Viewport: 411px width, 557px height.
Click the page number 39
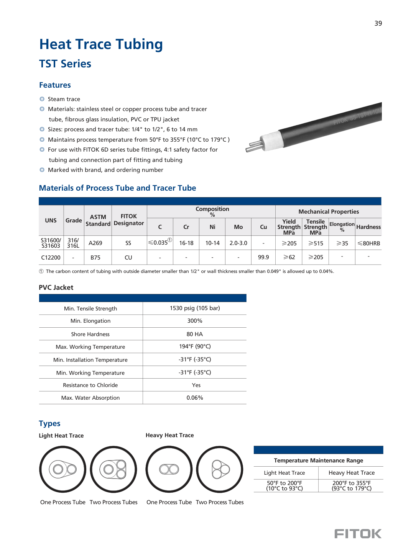coord(378,23)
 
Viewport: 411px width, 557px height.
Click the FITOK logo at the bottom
coord(358,534)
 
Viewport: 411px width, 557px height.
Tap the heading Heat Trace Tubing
coord(101,44)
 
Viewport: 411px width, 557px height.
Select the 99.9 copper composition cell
coord(263,257)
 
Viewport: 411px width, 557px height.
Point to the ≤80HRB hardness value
coord(368,243)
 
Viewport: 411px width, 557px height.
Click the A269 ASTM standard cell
coord(95,243)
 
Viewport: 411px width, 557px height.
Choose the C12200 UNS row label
coord(51,257)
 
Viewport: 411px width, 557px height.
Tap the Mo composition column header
coord(238,227)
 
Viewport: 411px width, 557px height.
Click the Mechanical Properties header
coord(329,212)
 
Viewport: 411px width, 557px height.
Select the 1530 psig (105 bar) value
coord(195,308)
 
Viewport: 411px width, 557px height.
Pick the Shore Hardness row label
coord(90,334)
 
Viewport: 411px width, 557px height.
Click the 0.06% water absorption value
coord(195,398)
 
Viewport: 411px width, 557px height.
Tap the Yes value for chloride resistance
coord(196,385)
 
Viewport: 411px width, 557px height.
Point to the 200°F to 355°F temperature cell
coord(351,485)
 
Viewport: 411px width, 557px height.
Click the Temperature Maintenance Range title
coord(318,461)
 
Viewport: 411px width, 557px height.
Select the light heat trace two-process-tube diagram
coord(113,469)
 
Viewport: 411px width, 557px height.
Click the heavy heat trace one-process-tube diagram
coord(169,469)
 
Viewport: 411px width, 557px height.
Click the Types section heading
coord(49,423)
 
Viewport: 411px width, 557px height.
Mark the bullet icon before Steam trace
coord(42,99)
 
